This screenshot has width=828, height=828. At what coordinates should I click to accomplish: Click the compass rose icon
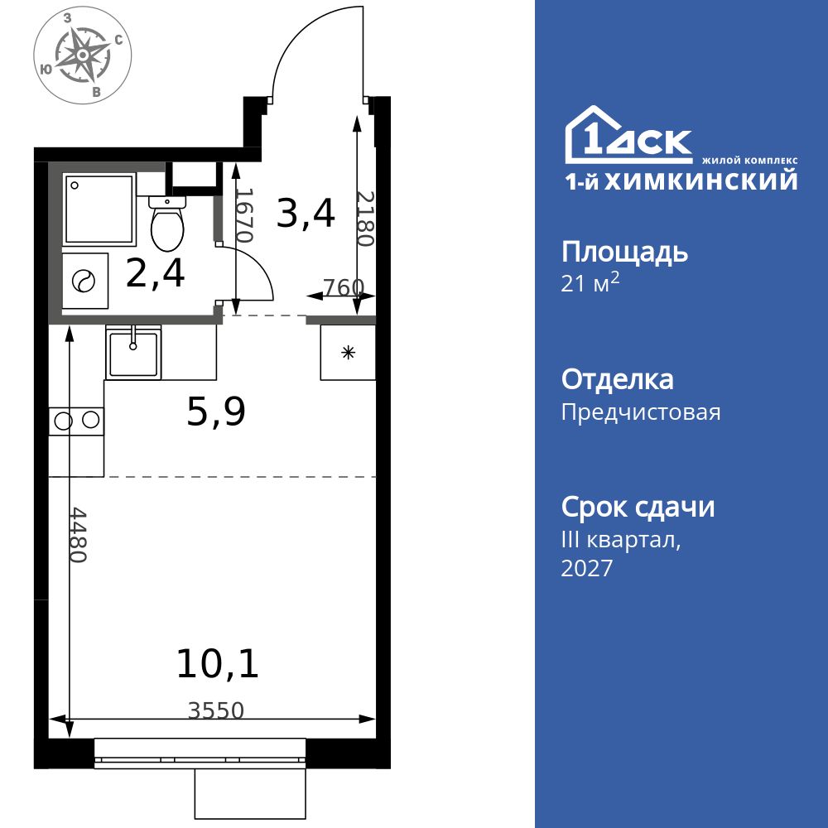pos(83,56)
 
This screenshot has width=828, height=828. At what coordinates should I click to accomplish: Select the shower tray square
pos(99,209)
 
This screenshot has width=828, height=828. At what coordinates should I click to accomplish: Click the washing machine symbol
pos(84,282)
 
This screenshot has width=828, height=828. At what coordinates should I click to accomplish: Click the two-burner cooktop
pos(76,421)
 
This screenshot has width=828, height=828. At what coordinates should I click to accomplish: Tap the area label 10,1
pos(218,664)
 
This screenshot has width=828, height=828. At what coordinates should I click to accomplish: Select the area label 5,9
pos(216,412)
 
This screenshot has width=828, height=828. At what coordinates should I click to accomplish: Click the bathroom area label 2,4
pos(155,273)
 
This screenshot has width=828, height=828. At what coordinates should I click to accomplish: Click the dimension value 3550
pos(216,710)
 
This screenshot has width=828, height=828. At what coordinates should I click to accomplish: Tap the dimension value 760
pos(343,287)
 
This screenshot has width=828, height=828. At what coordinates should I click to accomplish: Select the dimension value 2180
pos(365,219)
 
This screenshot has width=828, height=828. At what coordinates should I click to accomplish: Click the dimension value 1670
pos(243,214)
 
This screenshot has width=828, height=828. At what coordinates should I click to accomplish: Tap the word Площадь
pos(624,252)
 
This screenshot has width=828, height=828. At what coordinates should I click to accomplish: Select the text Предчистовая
pos(641,412)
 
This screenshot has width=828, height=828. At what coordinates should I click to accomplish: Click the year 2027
pos(587,568)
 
